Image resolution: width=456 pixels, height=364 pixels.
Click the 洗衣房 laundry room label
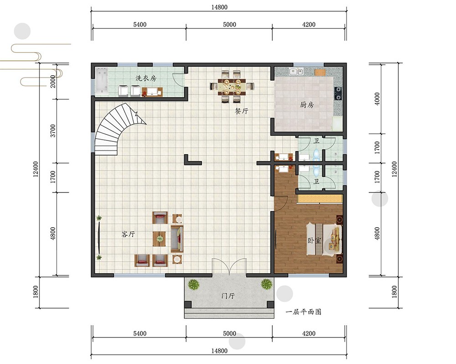pos(146,78)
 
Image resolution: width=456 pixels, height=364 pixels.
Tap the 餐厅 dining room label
pos(242,111)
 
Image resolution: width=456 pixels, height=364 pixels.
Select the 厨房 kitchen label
pos(307,105)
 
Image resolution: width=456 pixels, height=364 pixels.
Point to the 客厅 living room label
pos(128,234)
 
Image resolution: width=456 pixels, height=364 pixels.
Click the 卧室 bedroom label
pos(314,241)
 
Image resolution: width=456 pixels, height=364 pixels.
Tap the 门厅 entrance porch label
pos(228,296)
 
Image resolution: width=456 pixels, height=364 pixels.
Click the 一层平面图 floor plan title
pos(303,312)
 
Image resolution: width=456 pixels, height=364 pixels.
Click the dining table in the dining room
pos(232,86)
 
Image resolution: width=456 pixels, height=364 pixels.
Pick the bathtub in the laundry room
pos(102,82)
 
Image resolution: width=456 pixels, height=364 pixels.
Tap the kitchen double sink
pos(296,71)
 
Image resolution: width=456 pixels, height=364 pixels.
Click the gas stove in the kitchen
pos(338,94)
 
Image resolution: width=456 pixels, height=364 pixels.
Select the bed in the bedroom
pos(324,239)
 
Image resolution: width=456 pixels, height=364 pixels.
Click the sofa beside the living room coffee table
pos(177,239)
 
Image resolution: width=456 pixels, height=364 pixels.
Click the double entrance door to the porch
pos(229,266)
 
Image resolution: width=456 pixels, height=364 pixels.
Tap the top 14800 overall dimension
pos(219,7)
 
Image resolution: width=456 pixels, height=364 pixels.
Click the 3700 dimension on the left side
pos(52,130)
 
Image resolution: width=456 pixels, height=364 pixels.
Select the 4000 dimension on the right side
pos(377,99)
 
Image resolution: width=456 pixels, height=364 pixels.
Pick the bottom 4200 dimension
pos(309,333)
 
